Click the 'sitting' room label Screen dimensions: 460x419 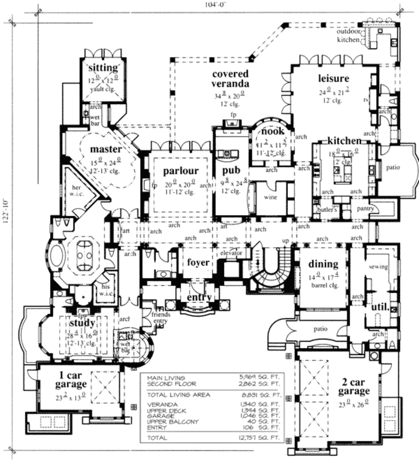pos(103,68)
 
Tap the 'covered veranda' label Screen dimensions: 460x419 pos(230,79)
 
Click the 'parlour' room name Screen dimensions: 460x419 pos(181,172)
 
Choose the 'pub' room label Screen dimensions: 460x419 pos(232,171)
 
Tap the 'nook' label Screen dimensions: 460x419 pos(270,132)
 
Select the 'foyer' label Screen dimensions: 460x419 pos(198,263)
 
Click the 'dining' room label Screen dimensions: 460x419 pos(323,264)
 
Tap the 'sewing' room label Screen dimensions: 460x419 pos(379,267)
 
